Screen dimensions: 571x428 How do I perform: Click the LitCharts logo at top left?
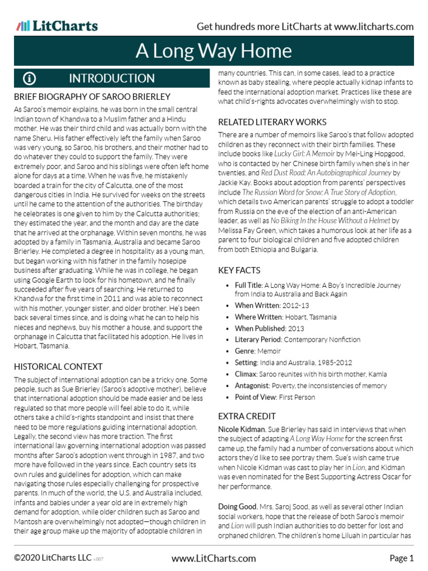pyautogui.click(x=57, y=26)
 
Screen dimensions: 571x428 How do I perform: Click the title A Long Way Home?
pyautogui.click(x=213, y=51)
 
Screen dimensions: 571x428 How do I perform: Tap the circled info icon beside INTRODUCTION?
pyautogui.click(x=29, y=78)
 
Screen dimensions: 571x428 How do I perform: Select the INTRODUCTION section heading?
pyautogui.click(x=111, y=78)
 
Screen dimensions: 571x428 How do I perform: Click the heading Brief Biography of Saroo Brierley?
pyautogui.click(x=92, y=97)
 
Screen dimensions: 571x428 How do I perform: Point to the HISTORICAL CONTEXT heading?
pyautogui.click(x=58, y=366)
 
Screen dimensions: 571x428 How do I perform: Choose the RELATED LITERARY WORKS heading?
pyautogui.click(x=272, y=122)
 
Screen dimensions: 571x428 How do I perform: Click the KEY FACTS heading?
pyautogui.click(x=239, y=270)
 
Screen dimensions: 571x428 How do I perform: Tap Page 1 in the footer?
pyautogui.click(x=401, y=558)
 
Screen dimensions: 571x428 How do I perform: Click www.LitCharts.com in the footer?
pyautogui.click(x=213, y=558)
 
